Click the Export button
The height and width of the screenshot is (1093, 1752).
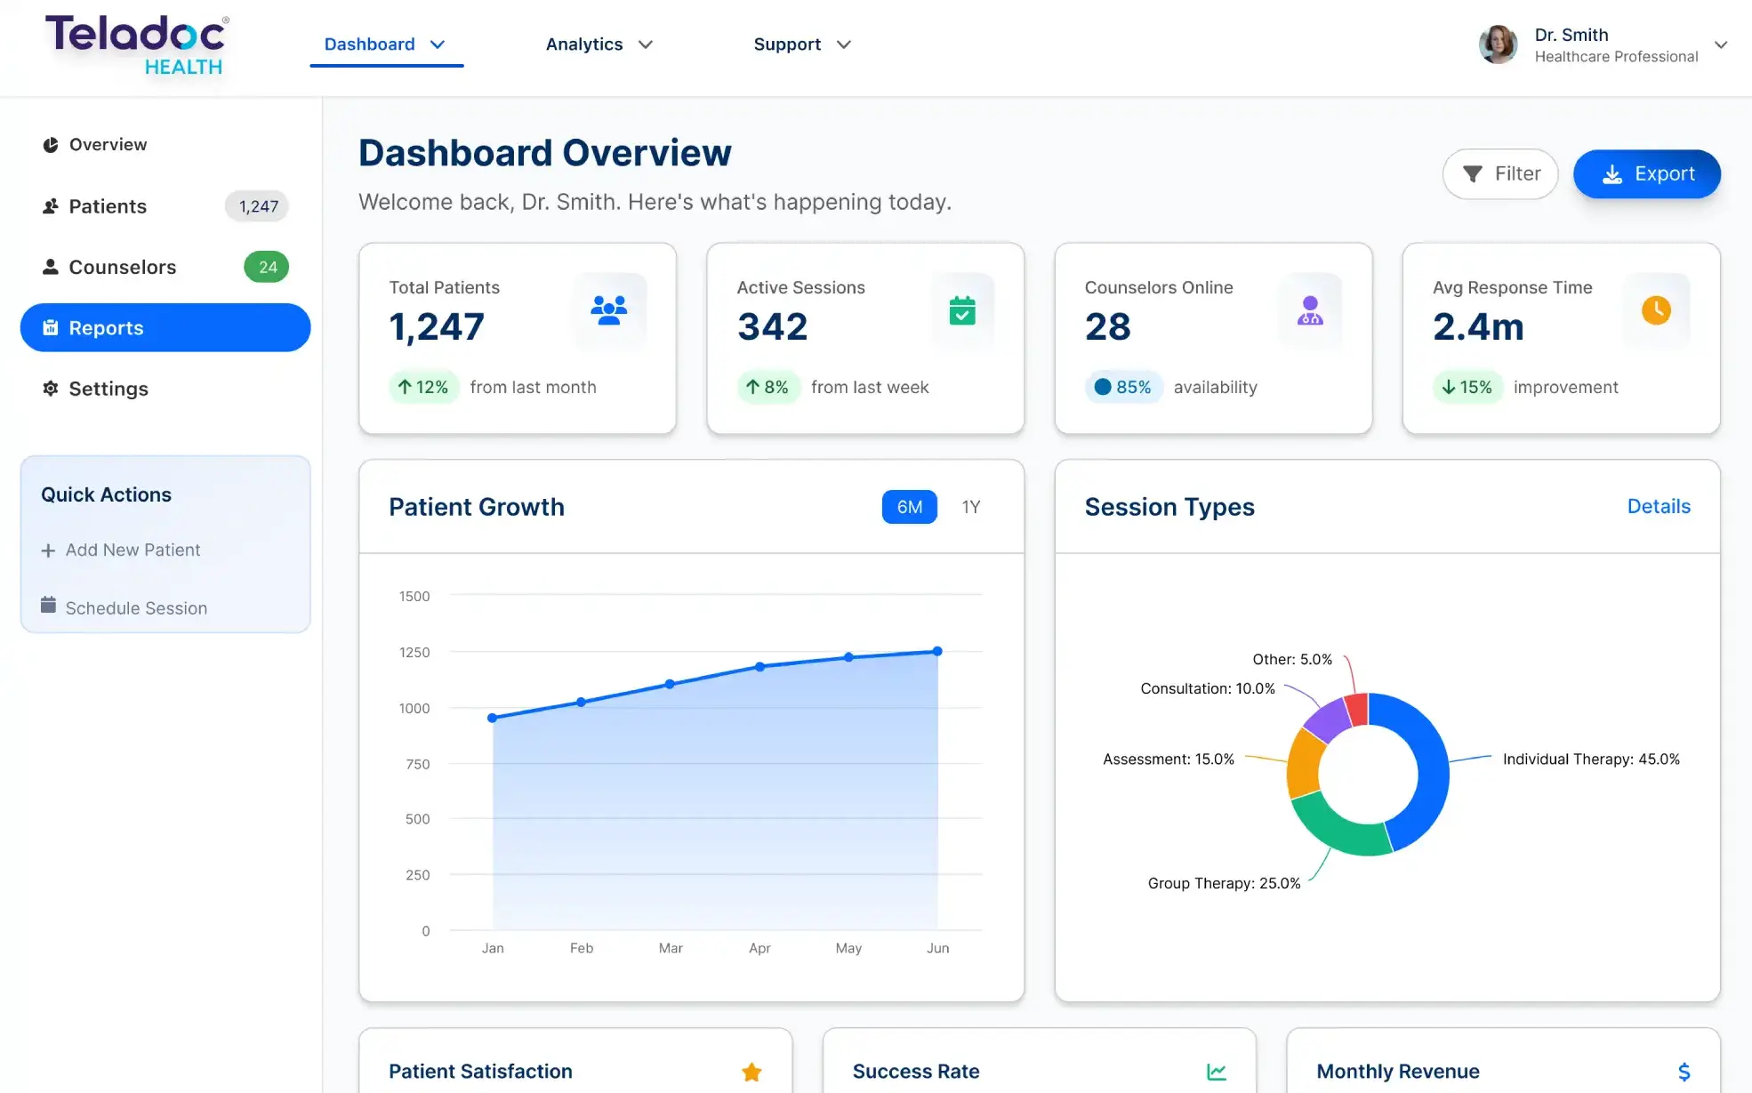click(1646, 173)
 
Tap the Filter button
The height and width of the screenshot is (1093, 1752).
click(1499, 173)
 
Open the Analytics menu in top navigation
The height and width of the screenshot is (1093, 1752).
click(599, 44)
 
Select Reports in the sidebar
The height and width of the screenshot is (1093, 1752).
click(165, 327)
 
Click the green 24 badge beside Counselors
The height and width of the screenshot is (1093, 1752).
click(267, 267)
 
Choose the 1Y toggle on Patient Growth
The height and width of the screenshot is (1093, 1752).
click(970, 507)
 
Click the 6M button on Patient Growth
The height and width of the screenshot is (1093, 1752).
click(909, 507)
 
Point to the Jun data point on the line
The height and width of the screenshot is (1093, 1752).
click(937, 651)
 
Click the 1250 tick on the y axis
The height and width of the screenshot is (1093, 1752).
click(414, 652)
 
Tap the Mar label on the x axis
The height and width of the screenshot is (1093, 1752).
click(671, 948)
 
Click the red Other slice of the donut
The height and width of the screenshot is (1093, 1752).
click(1357, 709)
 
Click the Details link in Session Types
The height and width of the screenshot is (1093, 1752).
click(1659, 506)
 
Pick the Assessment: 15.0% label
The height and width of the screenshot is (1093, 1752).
click(1168, 759)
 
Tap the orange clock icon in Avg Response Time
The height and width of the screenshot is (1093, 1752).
click(1656, 310)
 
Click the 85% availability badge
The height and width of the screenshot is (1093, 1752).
click(1123, 387)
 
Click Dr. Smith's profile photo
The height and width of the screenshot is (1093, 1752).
click(1499, 44)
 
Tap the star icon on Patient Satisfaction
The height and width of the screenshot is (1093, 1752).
click(751, 1072)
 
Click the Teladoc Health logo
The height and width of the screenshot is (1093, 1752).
click(138, 44)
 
